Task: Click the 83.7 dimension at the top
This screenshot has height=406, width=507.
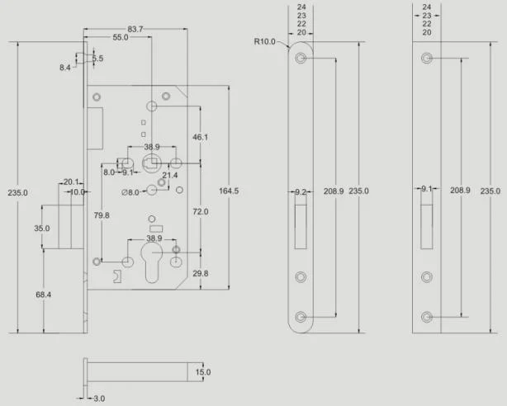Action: click(x=135, y=29)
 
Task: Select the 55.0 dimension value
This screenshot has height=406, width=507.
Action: click(x=121, y=37)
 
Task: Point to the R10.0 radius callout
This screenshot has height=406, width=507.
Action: click(x=264, y=41)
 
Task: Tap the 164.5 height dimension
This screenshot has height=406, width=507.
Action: click(x=229, y=191)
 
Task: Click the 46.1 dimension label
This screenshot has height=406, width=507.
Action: click(x=200, y=137)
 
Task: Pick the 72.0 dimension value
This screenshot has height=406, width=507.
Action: click(x=201, y=212)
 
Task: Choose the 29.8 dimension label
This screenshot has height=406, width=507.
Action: click(x=201, y=273)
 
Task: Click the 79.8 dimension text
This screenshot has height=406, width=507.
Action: click(x=102, y=215)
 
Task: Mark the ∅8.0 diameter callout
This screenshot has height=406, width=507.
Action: click(x=130, y=192)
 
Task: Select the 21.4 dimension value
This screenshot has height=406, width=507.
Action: click(x=170, y=175)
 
